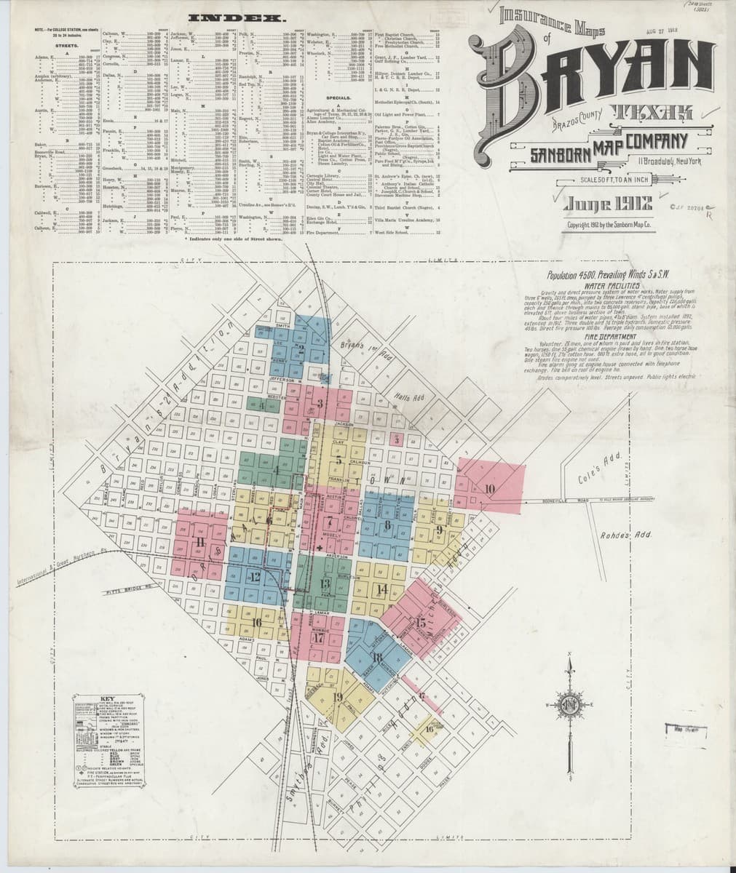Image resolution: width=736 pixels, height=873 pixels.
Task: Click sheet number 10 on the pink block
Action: pyautogui.click(x=489, y=488)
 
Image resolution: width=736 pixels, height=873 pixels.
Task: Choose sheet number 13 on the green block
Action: pyautogui.click(x=325, y=583)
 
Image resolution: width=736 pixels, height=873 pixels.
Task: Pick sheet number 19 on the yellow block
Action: pyautogui.click(x=337, y=696)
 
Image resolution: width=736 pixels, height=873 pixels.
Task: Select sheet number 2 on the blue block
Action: pyautogui.click(x=300, y=348)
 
